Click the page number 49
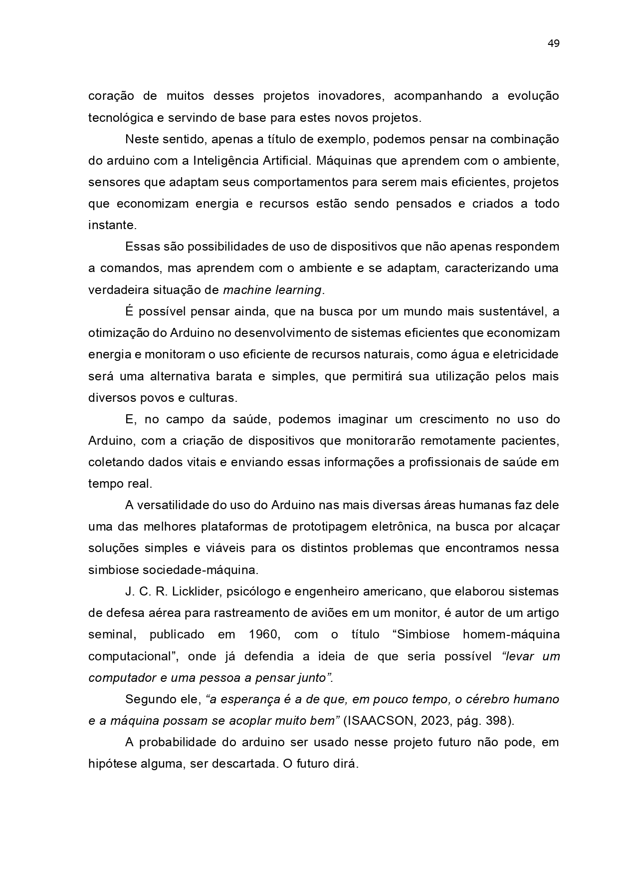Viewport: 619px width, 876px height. [x=553, y=43]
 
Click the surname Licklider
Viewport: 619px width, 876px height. [x=197, y=591]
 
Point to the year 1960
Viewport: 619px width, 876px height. [x=264, y=634]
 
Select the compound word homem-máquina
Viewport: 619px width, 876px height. [x=511, y=634]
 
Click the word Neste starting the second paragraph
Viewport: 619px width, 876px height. [x=141, y=139]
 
